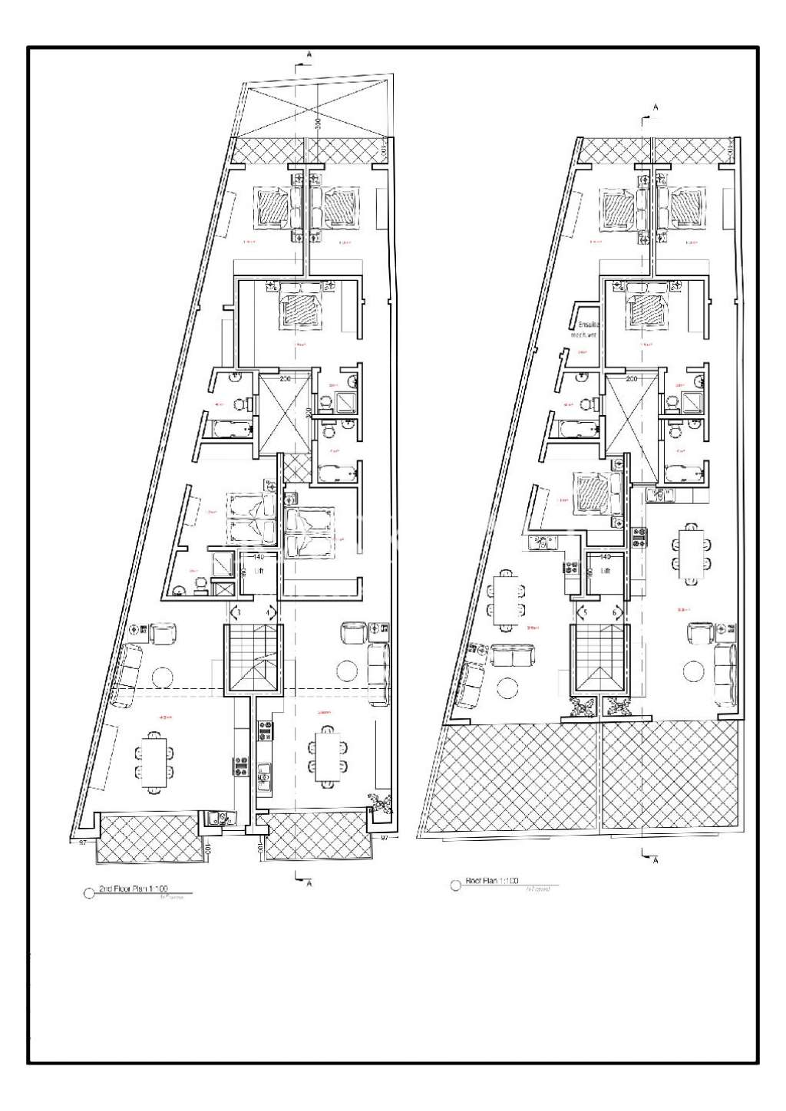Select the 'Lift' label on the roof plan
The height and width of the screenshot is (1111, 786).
coord(605,571)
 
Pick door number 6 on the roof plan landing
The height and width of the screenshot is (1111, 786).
coord(616,613)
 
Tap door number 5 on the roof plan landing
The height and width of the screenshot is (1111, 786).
coord(585,613)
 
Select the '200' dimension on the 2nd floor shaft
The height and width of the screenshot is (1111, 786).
coord(285,379)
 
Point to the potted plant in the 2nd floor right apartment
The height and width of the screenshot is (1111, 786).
coord(379,802)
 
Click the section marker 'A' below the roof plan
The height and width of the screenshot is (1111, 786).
coord(655,860)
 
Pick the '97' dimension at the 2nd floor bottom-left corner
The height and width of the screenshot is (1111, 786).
coord(81,842)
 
